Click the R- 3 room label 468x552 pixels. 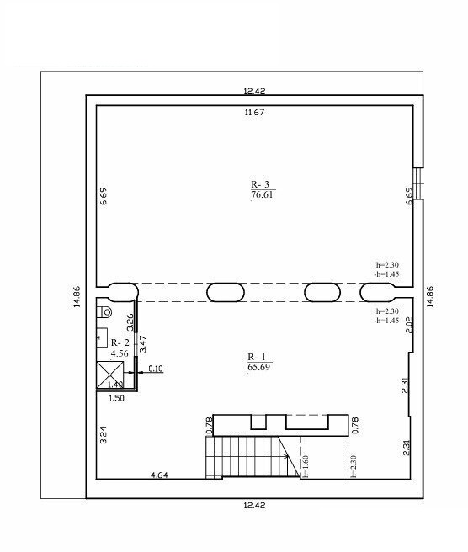click(x=260, y=184)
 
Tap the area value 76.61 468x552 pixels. click(x=262, y=194)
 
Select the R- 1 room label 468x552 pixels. click(x=257, y=357)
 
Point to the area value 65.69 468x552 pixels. click(x=258, y=367)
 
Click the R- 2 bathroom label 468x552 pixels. click(x=120, y=342)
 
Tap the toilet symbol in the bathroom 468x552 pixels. click(x=106, y=311)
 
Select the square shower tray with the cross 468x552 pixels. click(x=110, y=375)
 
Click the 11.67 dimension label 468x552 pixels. click(x=254, y=113)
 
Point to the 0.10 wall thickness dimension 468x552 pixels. click(x=156, y=369)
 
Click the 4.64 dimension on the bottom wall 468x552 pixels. click(x=160, y=475)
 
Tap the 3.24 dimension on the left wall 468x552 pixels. click(x=104, y=435)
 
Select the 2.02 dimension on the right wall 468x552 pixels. click(x=409, y=325)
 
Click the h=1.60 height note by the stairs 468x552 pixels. click(x=306, y=466)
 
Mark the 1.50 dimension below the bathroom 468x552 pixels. click(x=116, y=398)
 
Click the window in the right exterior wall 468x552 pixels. click(x=418, y=183)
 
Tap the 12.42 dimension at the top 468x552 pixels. click(x=254, y=91)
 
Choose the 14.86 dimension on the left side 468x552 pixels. click(x=77, y=297)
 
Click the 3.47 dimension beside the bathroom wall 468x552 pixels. click(x=142, y=344)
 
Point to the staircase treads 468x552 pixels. click(x=252, y=457)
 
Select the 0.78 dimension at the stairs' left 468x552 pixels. click(x=210, y=425)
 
